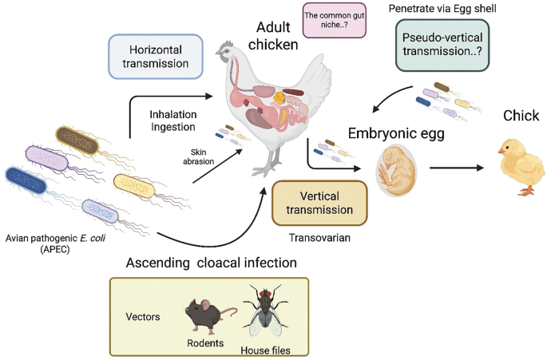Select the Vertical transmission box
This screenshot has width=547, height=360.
(320, 203)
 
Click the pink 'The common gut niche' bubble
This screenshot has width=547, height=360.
(329, 22)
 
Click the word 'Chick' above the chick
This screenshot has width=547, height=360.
(521, 117)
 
